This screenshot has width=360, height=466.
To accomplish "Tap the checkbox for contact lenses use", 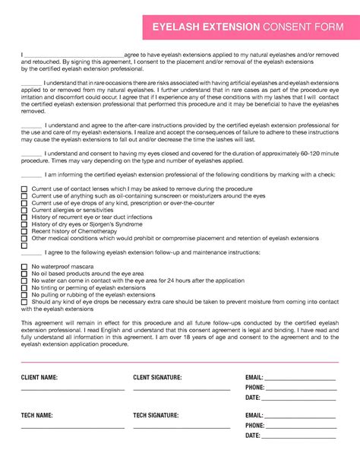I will (24, 189).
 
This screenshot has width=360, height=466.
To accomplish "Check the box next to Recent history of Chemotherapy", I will (24, 231).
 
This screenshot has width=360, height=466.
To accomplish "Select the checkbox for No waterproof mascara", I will (24, 267).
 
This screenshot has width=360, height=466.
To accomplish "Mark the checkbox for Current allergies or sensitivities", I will (24, 210).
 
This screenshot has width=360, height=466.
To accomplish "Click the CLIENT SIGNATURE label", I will (157, 377).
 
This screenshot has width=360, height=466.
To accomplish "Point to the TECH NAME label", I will (36, 416).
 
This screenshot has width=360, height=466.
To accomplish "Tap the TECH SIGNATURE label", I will (156, 416).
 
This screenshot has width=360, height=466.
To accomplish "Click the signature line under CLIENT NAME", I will (72, 389).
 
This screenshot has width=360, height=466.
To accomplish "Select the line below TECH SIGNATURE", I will (181, 428).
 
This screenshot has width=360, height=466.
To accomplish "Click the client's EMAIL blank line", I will (299, 379).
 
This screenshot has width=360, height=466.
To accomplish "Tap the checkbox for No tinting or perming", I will (24, 287).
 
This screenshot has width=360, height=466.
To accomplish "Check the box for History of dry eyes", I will (24, 224).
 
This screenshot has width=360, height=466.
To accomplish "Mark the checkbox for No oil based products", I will (24, 274).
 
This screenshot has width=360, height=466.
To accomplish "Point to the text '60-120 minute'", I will (318, 153).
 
